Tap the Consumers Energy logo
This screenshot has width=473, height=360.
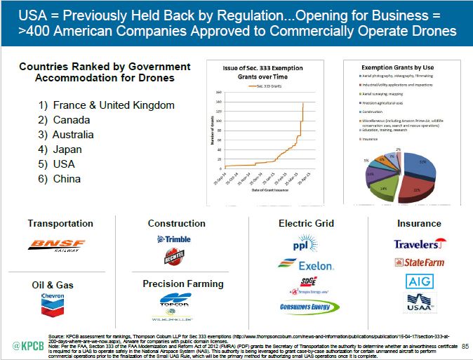305,307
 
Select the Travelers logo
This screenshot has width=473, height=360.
420,244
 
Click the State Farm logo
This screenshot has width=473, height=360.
420,263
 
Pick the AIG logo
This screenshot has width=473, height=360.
419,282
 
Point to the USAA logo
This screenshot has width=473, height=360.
419,303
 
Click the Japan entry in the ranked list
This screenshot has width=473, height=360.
61,149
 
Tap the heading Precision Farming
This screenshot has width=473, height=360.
183,284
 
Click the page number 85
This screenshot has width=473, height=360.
465,345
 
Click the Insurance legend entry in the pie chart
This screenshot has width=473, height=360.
369,140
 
